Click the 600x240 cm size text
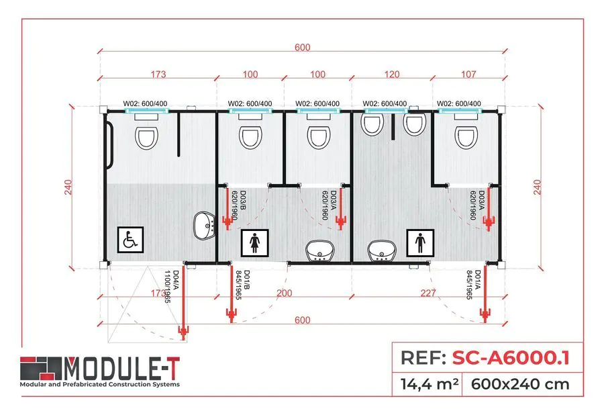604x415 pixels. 520,385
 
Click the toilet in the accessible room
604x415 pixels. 146,138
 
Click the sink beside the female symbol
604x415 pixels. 320,251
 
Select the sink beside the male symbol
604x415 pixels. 381,251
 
